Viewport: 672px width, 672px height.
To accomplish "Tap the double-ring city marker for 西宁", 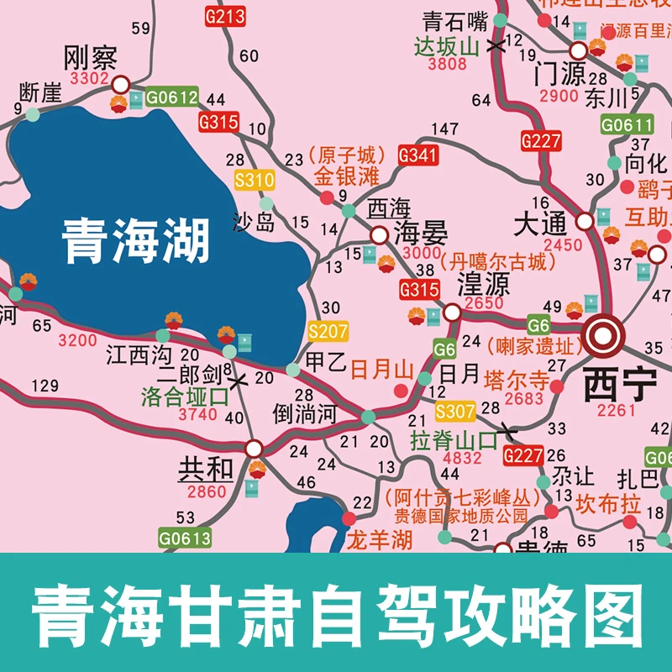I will coord(603,337).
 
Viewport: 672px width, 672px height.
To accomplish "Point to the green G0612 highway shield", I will coord(172,97).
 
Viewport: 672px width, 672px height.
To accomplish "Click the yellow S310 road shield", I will coord(254,180).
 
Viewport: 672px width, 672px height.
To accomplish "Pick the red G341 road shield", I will coord(418,155).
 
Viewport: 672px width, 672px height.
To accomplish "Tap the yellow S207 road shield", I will coord(328,332).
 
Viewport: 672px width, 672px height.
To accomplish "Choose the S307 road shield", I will coord(456,412).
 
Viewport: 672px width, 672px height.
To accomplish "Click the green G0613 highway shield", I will coord(185,537).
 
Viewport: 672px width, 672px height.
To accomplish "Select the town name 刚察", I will coord(90,59).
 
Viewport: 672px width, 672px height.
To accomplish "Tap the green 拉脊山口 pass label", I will coord(454,438).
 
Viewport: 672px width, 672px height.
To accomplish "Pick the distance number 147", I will coord(445,129).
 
